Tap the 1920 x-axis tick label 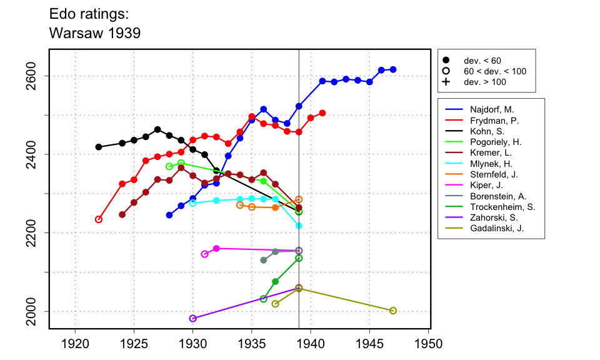click(75, 344)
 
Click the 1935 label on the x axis click(252, 344)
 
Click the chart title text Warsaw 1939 click(94, 33)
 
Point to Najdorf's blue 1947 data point click(393, 69)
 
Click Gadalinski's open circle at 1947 click(393, 311)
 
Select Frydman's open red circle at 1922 click(98, 219)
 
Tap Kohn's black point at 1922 click(98, 147)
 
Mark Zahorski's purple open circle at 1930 click(192, 318)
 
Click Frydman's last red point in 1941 click(322, 113)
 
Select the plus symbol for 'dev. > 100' click(446, 82)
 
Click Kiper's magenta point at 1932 click(216, 248)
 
